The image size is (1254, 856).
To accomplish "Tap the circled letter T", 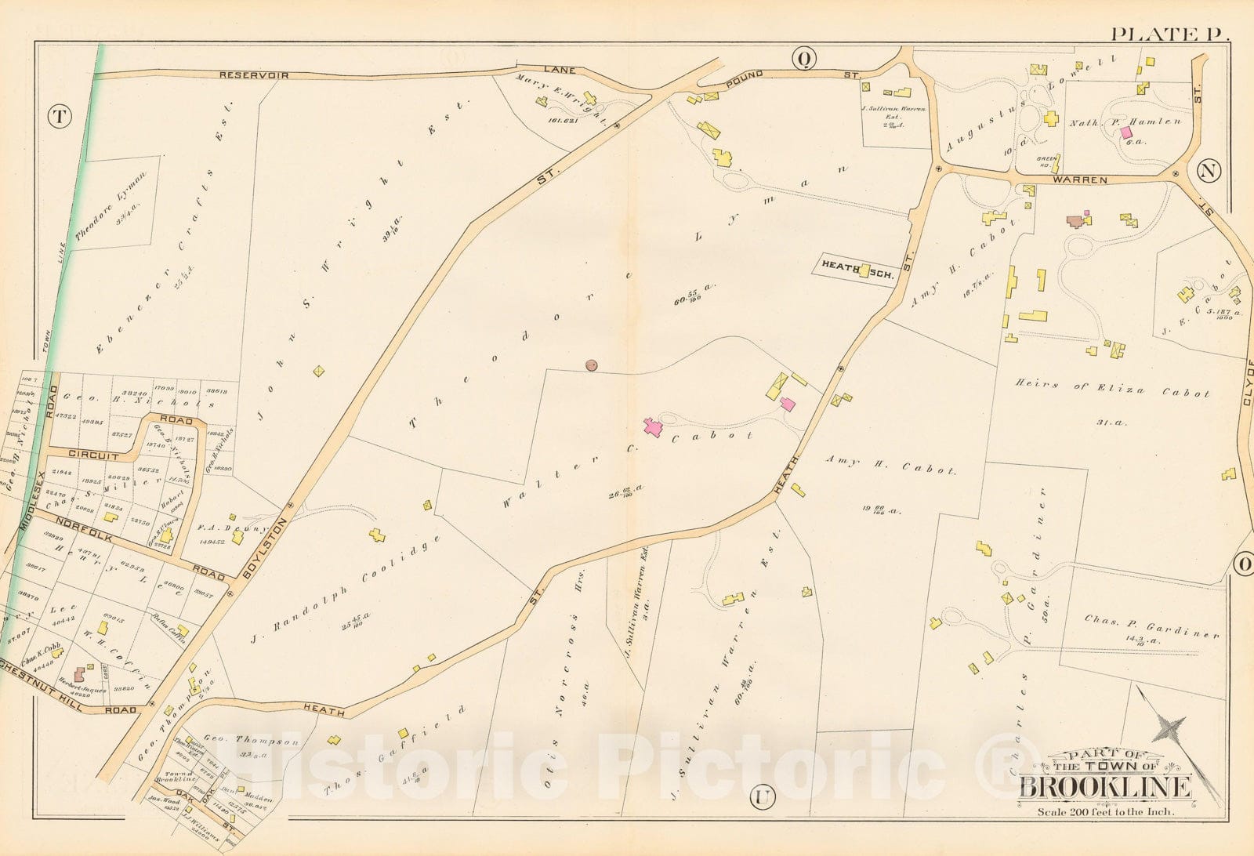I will click(x=58, y=117).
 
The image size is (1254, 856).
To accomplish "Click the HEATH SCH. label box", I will click(x=853, y=267).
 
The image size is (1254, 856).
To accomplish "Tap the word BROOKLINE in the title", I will click(x=1104, y=786).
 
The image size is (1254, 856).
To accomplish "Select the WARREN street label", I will click(x=1085, y=180).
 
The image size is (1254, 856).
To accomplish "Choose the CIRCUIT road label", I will click(x=92, y=455).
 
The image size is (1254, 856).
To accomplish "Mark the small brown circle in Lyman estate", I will click(x=592, y=365).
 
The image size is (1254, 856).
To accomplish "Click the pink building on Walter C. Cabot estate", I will click(x=652, y=427).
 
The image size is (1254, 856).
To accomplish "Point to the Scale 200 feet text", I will click(x=1105, y=811).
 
